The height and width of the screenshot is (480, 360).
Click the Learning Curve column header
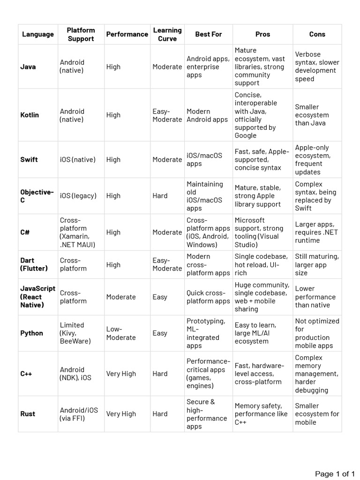tap(167, 34)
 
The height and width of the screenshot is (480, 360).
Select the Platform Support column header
tap(81, 34)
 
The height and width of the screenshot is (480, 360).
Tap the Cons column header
tap(317, 34)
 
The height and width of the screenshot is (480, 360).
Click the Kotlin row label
tap(30, 115)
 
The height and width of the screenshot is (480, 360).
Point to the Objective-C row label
tap(37, 196)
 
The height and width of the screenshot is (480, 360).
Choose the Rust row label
tap(28, 414)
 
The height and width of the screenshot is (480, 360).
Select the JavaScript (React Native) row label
tap(37, 297)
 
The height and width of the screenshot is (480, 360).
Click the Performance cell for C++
tap(121, 374)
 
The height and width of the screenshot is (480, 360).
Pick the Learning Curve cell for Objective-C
tap(160, 195)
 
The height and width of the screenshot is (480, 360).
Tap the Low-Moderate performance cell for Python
tap(121, 333)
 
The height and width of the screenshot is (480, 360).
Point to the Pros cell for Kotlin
tap(256, 115)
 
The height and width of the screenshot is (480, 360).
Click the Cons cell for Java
tap(317, 67)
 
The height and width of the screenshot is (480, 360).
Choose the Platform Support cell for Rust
tap(79, 414)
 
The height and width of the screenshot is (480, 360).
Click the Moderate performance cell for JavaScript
tap(121, 297)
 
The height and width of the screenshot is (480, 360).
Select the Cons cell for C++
tap(316, 374)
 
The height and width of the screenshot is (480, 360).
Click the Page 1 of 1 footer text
tap(335, 474)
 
